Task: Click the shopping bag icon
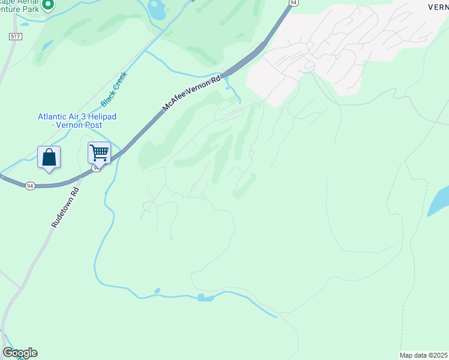click(49, 158)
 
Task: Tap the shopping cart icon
click(99, 152)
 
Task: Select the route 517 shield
click(15, 37)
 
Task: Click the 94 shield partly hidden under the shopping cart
click(96, 169)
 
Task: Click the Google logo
click(20, 353)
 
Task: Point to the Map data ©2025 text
click(423, 355)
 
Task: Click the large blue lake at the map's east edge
click(439, 201)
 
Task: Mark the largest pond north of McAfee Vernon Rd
click(157, 9)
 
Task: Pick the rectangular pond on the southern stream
click(205, 298)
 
